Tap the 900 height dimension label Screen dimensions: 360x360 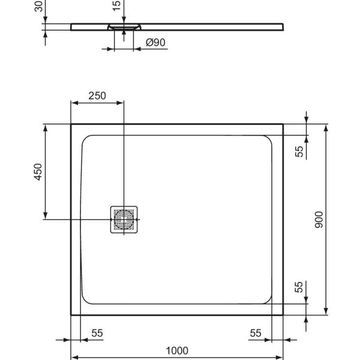pyautogui.click(x=319, y=220)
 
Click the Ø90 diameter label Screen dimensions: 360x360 pyautogui.click(x=156, y=43)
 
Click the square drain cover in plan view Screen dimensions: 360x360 pyautogui.click(x=124, y=220)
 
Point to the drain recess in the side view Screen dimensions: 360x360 pyautogui.click(x=124, y=28)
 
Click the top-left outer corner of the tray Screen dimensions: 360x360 pyautogui.click(x=72, y=125)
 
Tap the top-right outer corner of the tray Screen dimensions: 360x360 pyautogui.click(x=283, y=125)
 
